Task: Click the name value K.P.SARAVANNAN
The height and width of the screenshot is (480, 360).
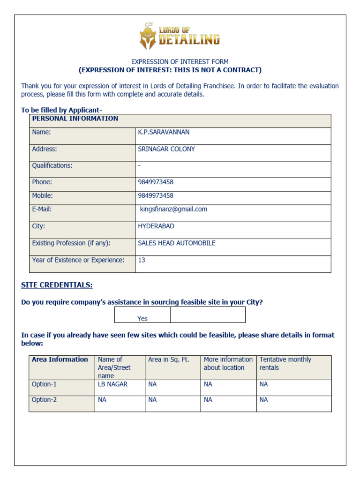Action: click(x=164, y=132)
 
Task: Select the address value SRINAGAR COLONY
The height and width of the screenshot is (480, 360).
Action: click(x=166, y=149)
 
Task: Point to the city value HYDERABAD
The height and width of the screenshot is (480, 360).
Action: click(x=156, y=226)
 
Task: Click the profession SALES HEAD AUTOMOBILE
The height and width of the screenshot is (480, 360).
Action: click(x=176, y=243)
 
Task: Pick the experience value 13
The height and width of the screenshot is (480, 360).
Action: click(x=142, y=260)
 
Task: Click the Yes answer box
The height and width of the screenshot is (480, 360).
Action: click(x=142, y=315)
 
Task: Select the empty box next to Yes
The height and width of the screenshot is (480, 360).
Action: click(x=208, y=315)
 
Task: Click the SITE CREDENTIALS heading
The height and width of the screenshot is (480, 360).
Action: click(x=57, y=285)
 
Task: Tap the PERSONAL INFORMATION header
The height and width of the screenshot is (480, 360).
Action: click(x=75, y=119)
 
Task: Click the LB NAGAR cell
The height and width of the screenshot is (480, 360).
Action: click(x=112, y=384)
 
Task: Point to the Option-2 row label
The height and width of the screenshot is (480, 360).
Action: click(x=44, y=400)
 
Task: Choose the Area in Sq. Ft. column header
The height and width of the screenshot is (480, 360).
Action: click(x=168, y=360)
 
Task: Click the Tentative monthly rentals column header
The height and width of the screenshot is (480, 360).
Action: click(x=285, y=363)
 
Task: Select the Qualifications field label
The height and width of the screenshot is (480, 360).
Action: click(x=52, y=165)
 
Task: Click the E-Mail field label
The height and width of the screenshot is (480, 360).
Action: click(x=42, y=209)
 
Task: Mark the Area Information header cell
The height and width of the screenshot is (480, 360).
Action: click(x=60, y=360)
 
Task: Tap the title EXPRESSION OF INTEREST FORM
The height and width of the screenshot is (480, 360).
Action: click(x=180, y=61)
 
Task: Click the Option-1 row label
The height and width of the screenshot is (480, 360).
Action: click(x=44, y=384)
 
